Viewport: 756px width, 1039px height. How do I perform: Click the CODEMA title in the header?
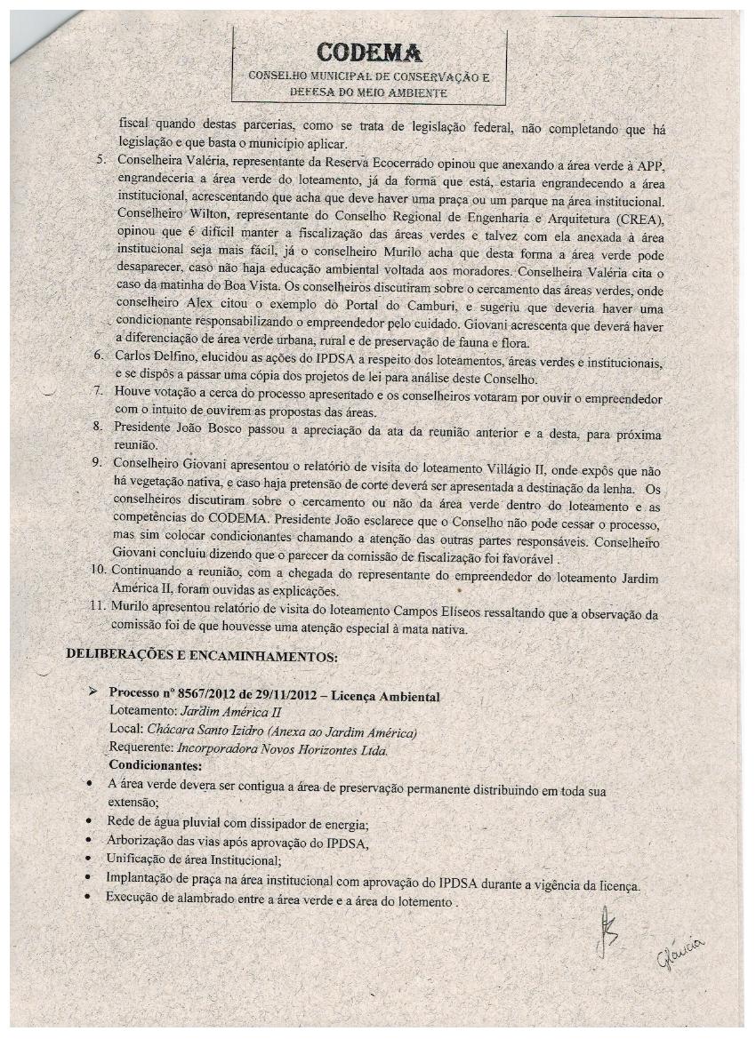368,52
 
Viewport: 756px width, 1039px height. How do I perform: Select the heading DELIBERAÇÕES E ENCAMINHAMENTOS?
202,657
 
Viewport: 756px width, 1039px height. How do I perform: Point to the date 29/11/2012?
282,694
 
